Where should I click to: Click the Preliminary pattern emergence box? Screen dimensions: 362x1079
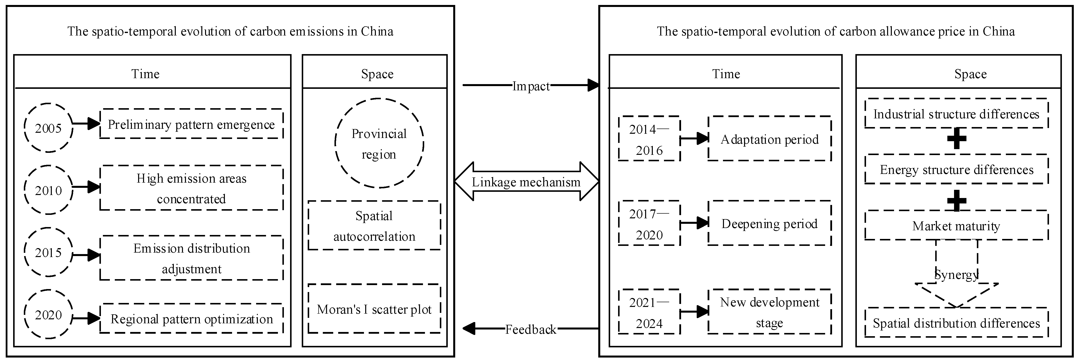(x=191, y=124)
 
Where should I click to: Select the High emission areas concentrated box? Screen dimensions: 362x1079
(x=191, y=188)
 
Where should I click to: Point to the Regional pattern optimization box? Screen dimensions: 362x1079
(x=191, y=319)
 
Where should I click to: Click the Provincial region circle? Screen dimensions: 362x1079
(x=379, y=143)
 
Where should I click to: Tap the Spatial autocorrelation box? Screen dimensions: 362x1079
(x=374, y=226)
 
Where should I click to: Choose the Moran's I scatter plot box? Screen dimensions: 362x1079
(x=374, y=309)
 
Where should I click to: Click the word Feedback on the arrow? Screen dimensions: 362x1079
(x=531, y=329)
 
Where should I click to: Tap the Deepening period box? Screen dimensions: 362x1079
(x=770, y=223)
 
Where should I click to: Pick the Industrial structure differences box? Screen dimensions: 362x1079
(x=956, y=114)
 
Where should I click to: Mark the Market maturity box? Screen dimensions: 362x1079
(x=956, y=226)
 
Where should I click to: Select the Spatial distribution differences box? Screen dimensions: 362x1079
(x=956, y=323)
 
